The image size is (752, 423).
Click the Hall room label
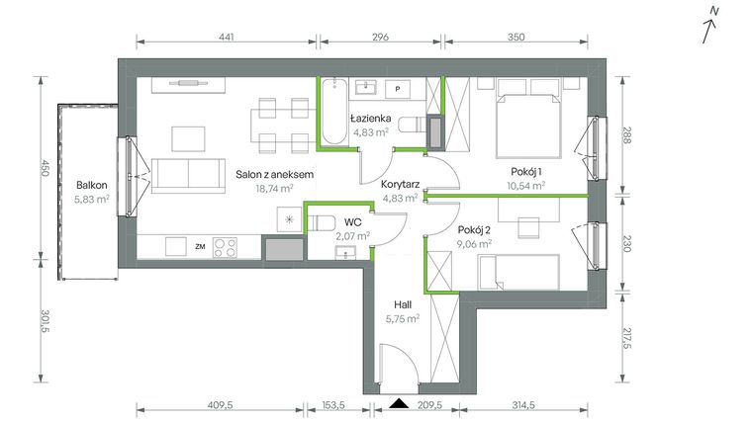pyautogui.click(x=402, y=304)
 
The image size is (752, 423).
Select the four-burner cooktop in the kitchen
pyautogui.click(x=225, y=247)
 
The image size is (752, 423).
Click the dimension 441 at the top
pyautogui.click(x=226, y=38)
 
